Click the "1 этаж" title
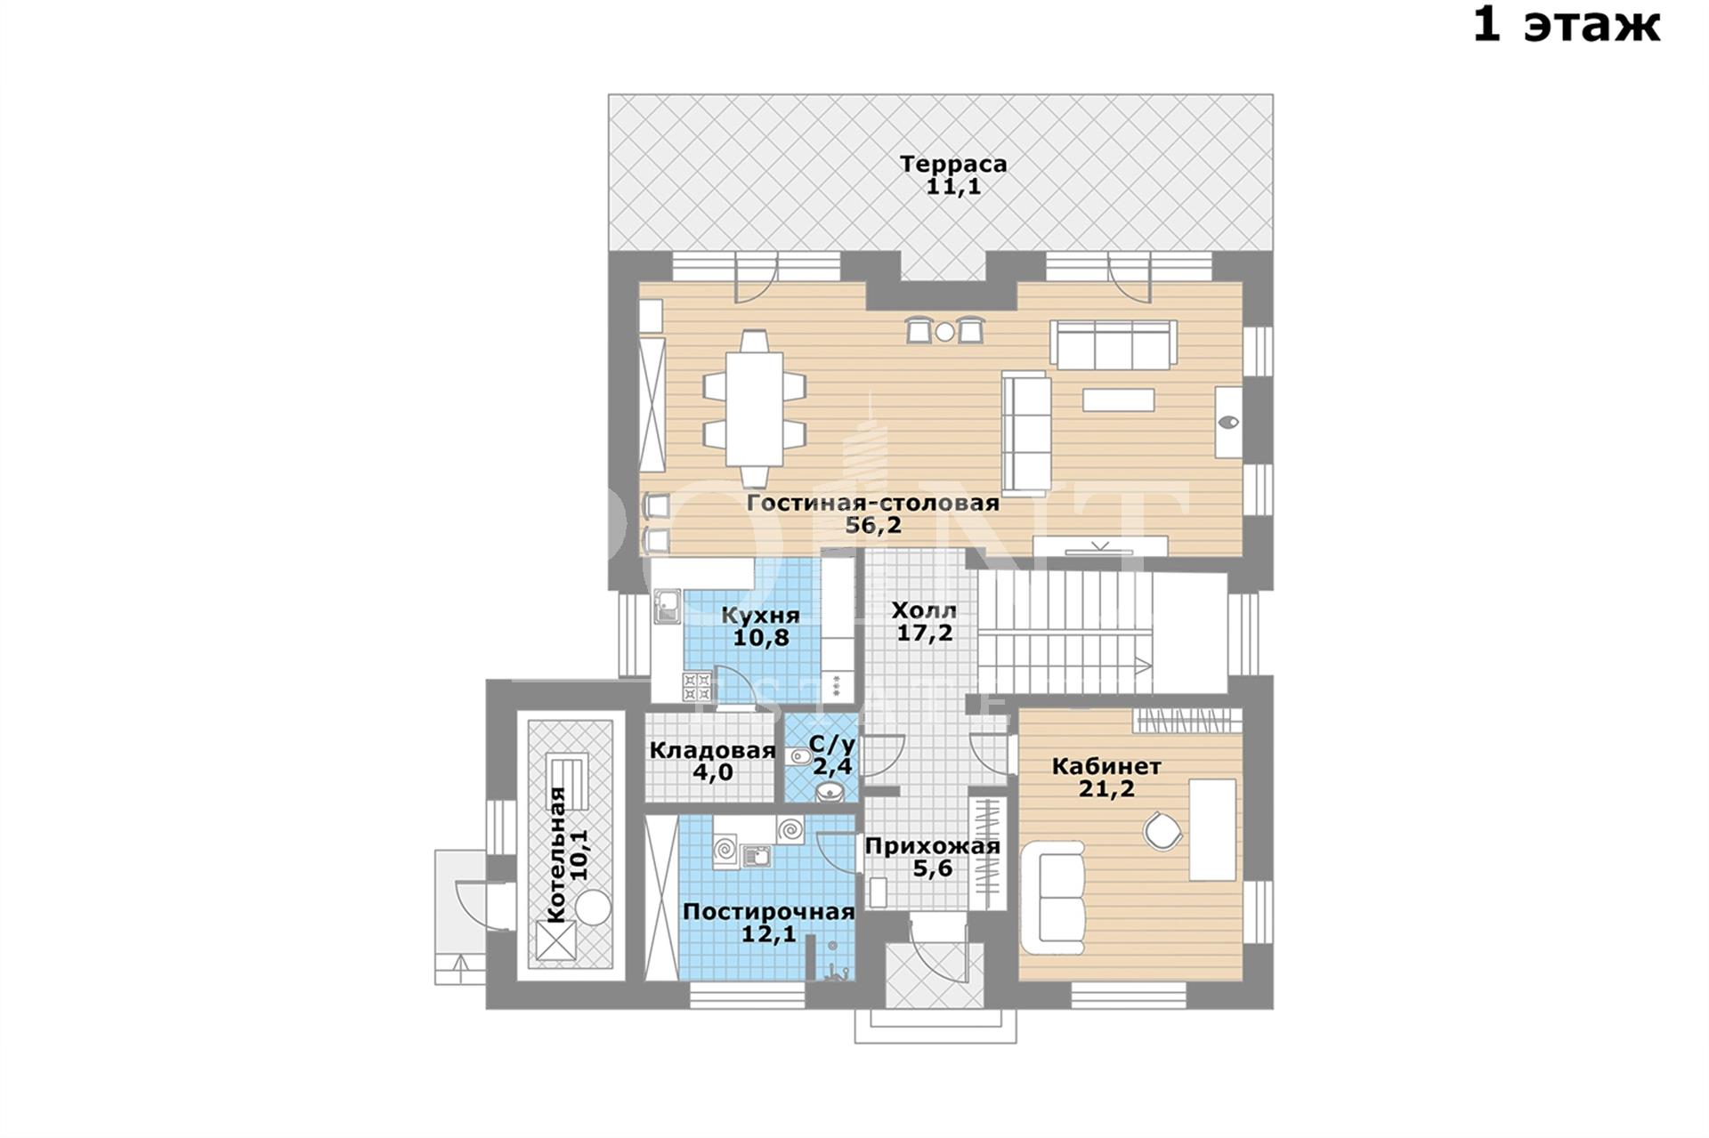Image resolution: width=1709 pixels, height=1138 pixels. [1566, 25]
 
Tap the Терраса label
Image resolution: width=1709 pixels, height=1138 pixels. [953, 164]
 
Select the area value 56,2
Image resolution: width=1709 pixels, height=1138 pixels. [873, 525]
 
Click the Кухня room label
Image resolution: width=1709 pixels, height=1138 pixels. [760, 616]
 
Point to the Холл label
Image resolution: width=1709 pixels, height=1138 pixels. [924, 610]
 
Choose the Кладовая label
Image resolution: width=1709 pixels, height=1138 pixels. [712, 750]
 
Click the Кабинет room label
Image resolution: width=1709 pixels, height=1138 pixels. [1106, 766]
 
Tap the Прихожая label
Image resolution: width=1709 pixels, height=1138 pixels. [933, 846]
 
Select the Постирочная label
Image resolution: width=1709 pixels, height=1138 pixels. [768, 912]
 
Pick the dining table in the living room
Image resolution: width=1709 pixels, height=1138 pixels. [754, 408]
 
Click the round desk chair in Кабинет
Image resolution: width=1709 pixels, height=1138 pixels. [1162, 832]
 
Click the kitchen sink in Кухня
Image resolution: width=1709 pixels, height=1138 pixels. [668, 607]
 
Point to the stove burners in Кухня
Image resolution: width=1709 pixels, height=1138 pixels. [697, 687]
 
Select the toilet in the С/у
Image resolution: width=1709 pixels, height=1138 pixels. [798, 757]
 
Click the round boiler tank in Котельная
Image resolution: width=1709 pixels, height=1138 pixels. [593, 908]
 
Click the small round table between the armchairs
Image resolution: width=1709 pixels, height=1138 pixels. [944, 332]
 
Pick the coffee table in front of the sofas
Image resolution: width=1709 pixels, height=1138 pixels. [1118, 400]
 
